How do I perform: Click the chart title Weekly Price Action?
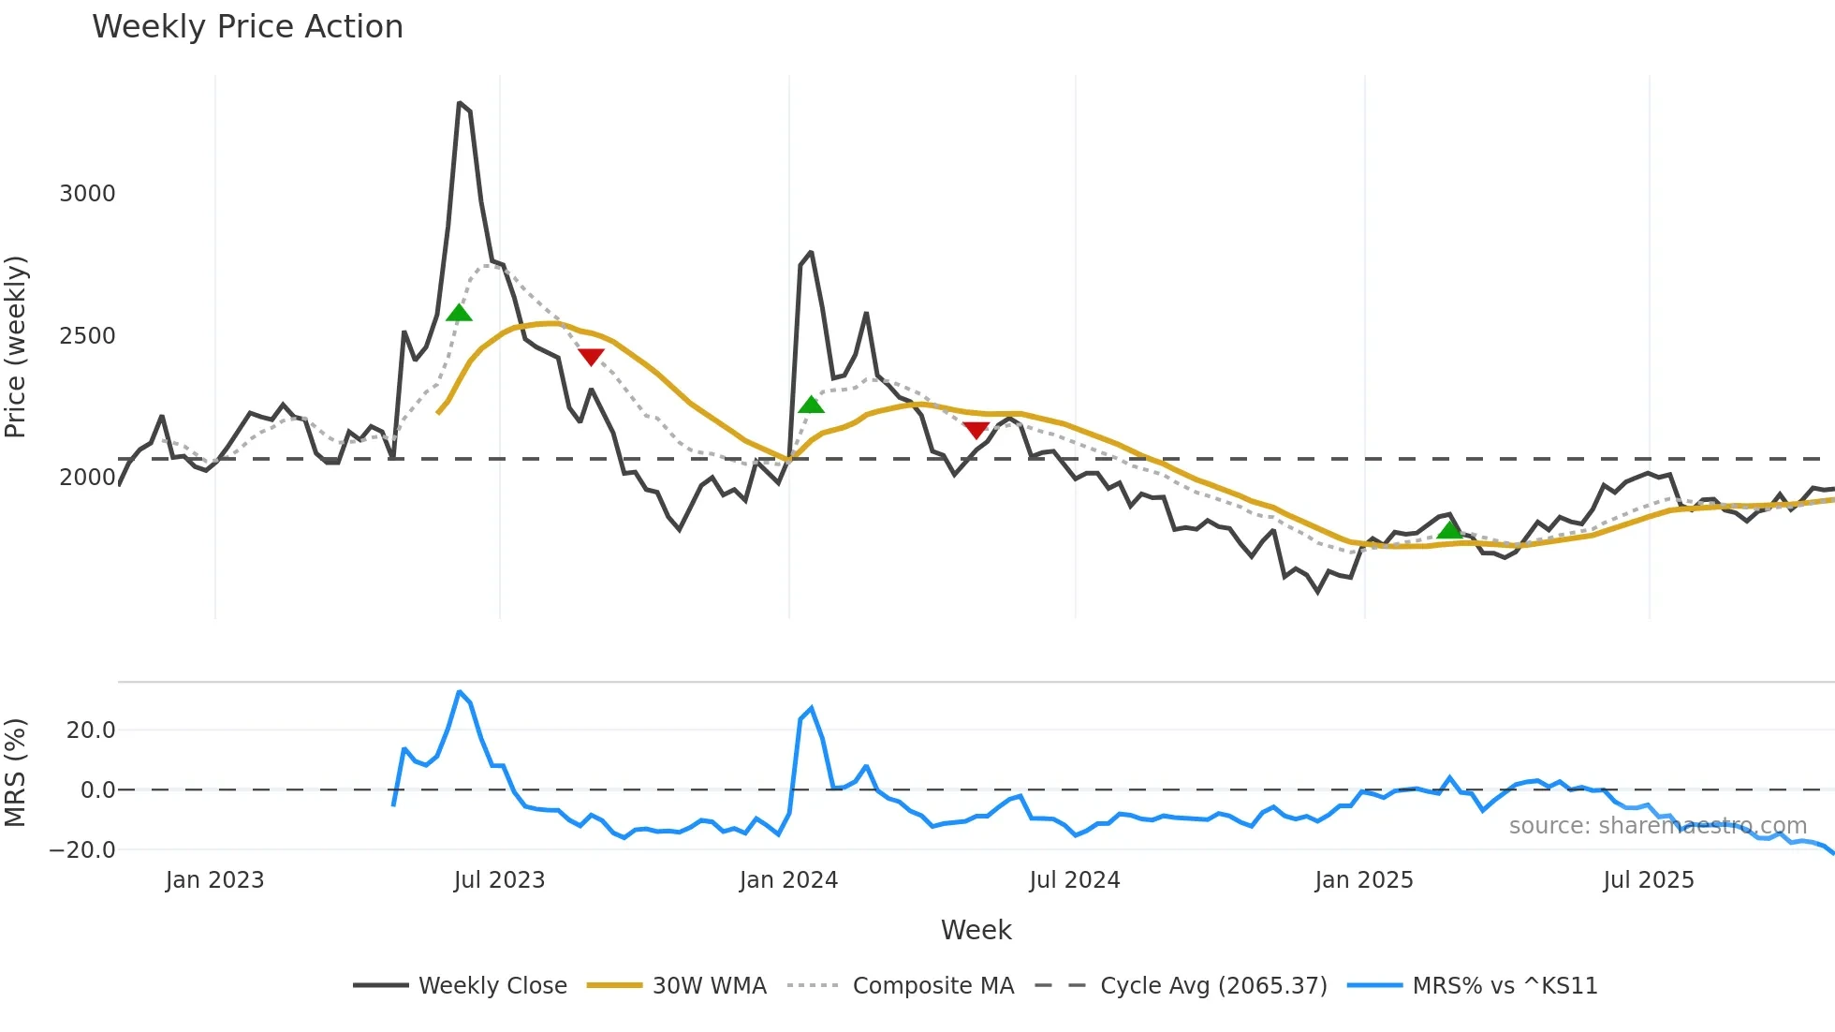point(247,27)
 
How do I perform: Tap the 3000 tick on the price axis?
point(87,194)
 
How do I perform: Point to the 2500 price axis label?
point(87,336)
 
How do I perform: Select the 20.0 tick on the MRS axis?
point(91,730)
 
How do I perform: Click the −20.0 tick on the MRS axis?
point(82,850)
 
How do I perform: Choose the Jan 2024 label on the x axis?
point(788,880)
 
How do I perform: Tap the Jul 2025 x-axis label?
point(1649,880)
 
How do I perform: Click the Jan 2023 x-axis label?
point(214,880)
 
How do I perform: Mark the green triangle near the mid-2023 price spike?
point(459,314)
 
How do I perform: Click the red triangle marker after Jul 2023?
point(591,356)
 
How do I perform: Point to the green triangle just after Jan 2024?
point(811,405)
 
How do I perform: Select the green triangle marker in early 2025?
point(1449,530)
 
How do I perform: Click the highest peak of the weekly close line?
point(459,103)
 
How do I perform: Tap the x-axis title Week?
point(976,930)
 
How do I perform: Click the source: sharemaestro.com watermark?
point(1657,826)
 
